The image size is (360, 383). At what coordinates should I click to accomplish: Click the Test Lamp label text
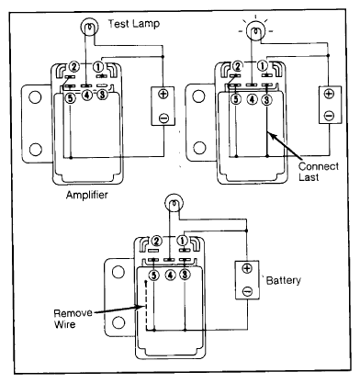point(134,24)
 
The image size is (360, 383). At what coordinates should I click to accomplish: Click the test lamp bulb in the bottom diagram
point(174,203)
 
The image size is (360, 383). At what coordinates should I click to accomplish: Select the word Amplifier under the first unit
point(87,195)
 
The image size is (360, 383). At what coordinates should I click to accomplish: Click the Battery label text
point(284,280)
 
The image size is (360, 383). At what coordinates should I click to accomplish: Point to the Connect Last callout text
point(318,172)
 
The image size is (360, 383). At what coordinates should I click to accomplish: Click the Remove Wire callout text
point(73,319)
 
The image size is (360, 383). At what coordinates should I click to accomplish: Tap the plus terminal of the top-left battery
point(163,94)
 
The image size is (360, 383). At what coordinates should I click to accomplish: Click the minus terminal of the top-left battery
point(163,118)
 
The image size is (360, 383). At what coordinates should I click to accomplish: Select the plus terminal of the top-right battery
point(329,94)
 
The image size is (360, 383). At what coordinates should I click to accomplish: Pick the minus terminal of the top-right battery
point(329,116)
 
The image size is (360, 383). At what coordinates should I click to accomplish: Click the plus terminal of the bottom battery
point(247,268)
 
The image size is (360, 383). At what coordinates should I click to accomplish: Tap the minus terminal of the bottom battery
point(247,291)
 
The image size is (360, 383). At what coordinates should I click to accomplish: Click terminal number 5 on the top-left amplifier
point(71,98)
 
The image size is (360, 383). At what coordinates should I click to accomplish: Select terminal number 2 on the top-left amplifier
point(74,66)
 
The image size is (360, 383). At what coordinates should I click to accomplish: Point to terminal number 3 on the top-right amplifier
point(267,99)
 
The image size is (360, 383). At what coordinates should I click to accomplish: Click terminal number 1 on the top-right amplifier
point(263,66)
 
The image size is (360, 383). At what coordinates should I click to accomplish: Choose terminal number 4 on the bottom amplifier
point(170,276)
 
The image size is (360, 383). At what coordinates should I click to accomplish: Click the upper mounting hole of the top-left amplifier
point(35,97)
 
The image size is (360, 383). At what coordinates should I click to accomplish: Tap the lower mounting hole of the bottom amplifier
point(118,322)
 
